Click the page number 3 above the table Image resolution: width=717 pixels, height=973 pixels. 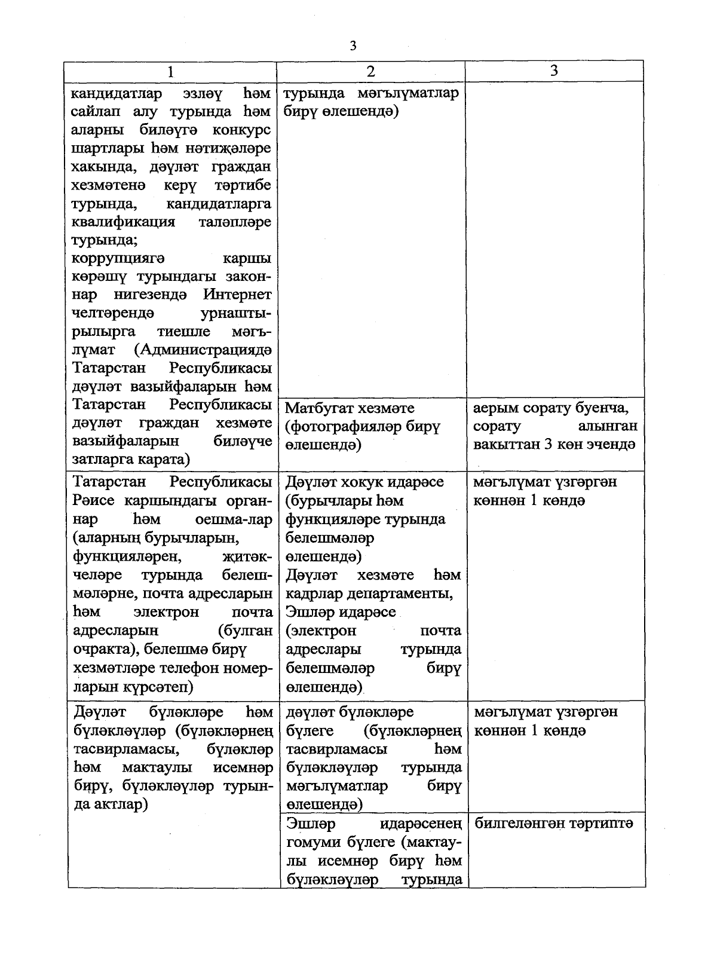pos(353,46)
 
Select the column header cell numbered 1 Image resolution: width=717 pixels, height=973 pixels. pos(171,71)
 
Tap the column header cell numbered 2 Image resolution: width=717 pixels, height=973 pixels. pos(370,71)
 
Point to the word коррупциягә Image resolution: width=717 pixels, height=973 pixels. pos(118,259)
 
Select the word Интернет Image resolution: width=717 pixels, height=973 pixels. pos(237,295)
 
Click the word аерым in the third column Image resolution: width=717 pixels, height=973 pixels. pos(494,409)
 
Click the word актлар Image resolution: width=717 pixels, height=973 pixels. pos(119,804)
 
